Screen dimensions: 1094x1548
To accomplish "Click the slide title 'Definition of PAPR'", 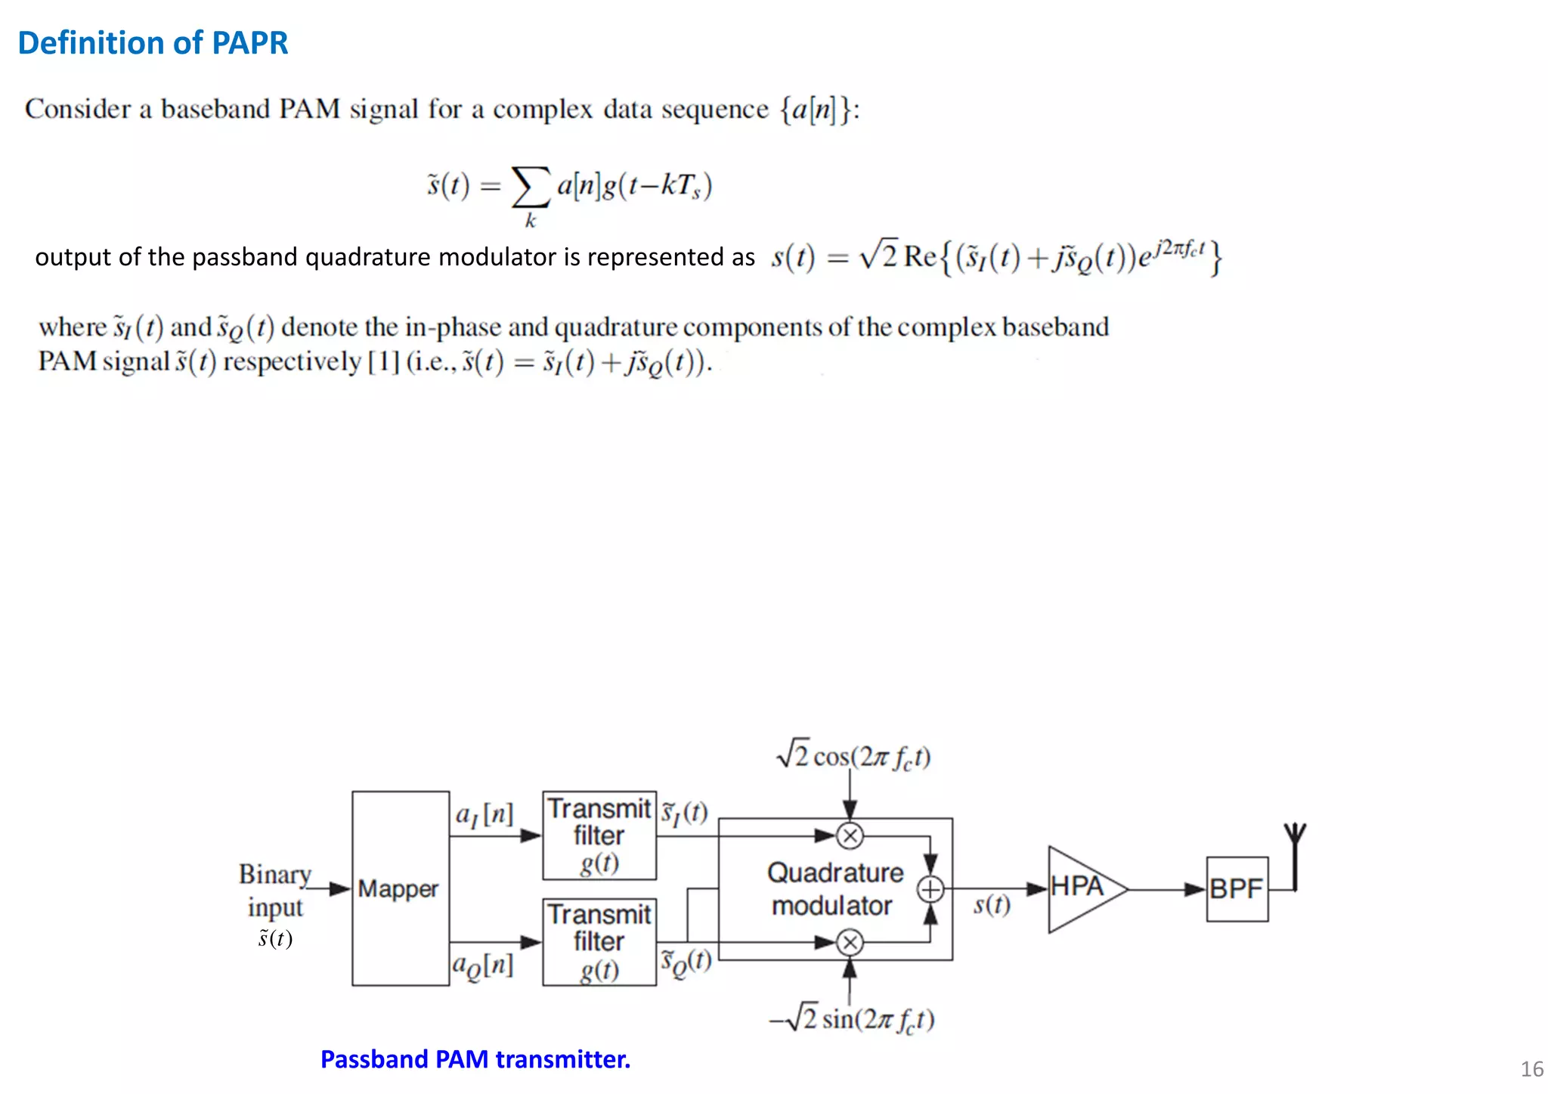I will click(153, 43).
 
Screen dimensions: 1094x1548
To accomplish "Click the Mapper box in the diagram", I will click(400, 888).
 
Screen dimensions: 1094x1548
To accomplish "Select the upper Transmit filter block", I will click(599, 835).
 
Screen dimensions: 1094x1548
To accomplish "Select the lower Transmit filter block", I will click(599, 942).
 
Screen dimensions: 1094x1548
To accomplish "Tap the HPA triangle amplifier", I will click(1081, 888).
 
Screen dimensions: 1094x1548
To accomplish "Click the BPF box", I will click(1237, 889).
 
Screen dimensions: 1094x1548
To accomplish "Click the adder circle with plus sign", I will click(930, 890).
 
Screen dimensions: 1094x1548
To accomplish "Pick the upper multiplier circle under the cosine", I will click(850, 835).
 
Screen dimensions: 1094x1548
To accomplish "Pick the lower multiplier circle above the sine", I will click(850, 943).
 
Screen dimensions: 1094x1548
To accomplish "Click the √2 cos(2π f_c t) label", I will click(853, 756).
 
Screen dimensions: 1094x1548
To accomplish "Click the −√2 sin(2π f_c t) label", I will click(852, 1019).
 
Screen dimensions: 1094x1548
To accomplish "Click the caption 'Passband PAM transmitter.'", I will click(475, 1059).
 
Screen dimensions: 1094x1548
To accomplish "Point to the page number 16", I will click(1531, 1069).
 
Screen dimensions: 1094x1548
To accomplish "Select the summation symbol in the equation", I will click(531, 187).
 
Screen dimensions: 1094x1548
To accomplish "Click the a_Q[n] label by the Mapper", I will click(483, 965).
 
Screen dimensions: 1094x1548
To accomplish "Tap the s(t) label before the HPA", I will click(992, 905).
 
